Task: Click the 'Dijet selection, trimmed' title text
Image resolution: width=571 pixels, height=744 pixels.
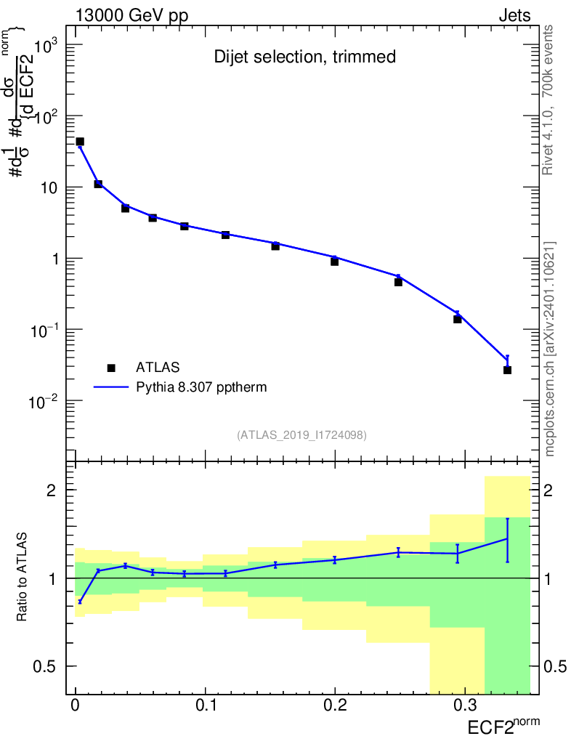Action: [x=304, y=57]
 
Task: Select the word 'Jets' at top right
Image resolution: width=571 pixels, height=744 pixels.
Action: [x=514, y=16]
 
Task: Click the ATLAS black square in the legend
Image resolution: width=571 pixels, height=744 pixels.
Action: [x=111, y=368]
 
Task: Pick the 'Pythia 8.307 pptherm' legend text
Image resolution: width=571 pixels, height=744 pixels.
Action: [x=201, y=387]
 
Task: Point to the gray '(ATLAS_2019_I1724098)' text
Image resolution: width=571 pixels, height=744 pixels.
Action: [x=301, y=435]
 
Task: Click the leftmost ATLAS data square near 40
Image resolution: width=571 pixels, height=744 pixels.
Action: [x=80, y=142]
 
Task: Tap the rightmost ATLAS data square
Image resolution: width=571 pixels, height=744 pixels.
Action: [x=507, y=370]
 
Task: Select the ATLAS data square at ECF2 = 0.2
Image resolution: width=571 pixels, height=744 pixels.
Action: [x=335, y=261]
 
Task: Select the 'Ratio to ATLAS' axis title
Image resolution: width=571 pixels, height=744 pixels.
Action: [x=23, y=578]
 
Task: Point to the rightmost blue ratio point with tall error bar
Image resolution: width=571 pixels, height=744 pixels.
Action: [x=507, y=538]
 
